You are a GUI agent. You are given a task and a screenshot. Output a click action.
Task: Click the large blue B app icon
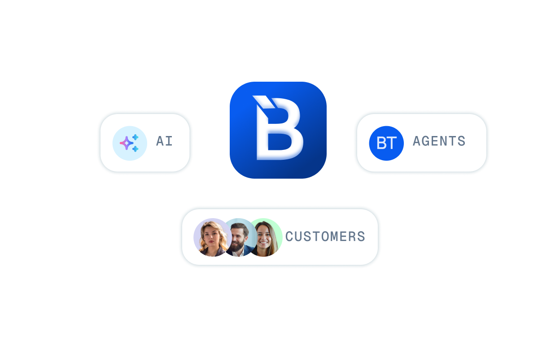(278, 130)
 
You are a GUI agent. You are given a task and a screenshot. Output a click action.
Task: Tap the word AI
(164, 141)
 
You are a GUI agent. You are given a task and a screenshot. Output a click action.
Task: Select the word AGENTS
(439, 141)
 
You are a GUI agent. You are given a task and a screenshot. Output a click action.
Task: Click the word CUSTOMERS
(325, 237)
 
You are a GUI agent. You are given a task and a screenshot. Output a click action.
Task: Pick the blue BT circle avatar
(386, 143)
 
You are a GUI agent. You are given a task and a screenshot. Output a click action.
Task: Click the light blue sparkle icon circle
(130, 143)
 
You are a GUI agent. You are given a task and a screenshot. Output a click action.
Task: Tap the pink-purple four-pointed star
(127, 143)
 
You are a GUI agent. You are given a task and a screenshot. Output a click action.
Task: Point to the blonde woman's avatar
(213, 237)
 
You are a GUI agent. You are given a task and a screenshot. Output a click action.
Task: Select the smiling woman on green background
(266, 237)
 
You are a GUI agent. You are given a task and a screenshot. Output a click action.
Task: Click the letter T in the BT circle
(392, 143)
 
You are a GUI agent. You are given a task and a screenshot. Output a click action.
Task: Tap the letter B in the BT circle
(381, 143)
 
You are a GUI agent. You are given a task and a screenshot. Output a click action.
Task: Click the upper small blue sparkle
(136, 137)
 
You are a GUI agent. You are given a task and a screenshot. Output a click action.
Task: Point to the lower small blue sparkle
(136, 149)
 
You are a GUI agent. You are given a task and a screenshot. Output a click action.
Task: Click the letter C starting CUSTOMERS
(289, 237)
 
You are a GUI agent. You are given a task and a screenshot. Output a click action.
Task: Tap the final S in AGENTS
(461, 141)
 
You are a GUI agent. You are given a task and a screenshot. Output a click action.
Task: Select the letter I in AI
(169, 141)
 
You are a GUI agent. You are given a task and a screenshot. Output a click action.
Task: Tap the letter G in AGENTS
(428, 141)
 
